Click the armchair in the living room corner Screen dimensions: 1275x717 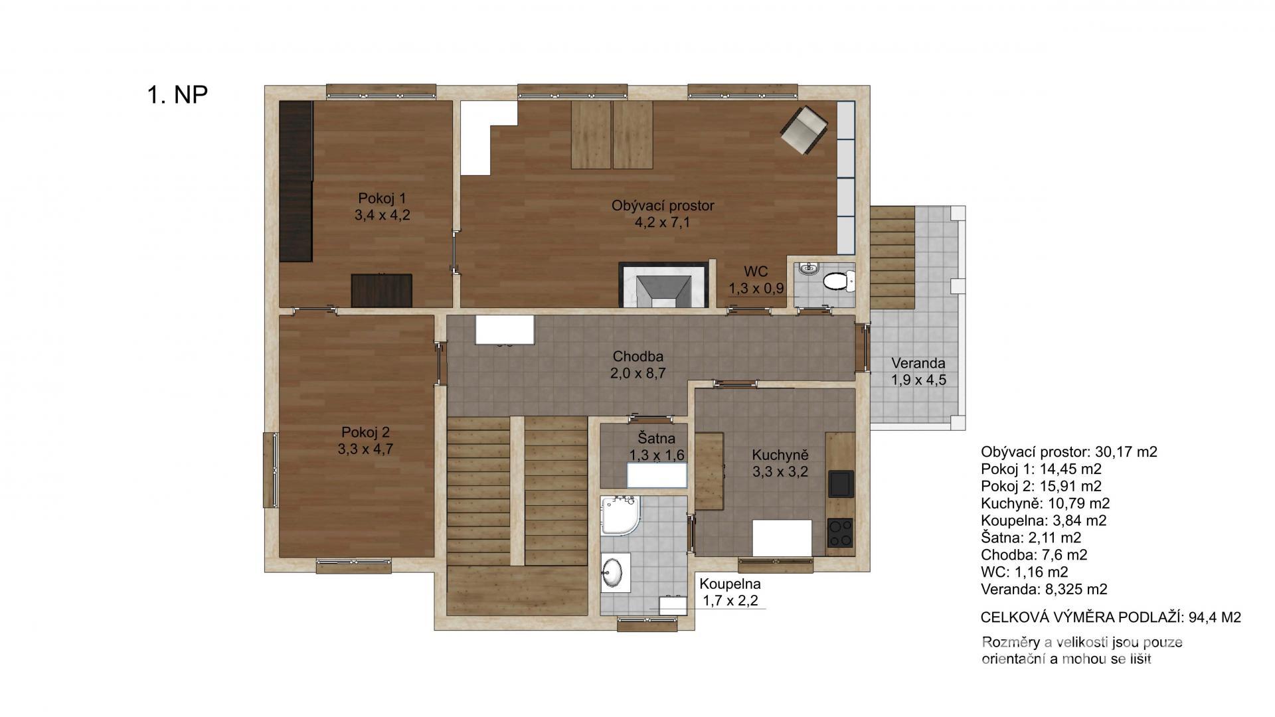point(804,130)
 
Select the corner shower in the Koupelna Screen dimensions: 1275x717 point(620,515)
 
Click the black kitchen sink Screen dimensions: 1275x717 point(840,484)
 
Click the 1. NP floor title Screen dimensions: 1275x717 point(177,95)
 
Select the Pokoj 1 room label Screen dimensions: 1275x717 point(382,198)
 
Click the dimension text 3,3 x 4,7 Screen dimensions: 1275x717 point(365,449)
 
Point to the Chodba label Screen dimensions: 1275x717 point(638,357)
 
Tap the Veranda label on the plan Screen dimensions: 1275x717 point(918,363)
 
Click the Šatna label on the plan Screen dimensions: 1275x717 point(657,438)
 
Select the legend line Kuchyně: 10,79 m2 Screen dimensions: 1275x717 point(1045,503)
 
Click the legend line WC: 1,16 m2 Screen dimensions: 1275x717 point(1025,572)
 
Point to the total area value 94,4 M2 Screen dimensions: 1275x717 point(1215,617)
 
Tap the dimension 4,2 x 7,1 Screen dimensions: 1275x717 point(663,222)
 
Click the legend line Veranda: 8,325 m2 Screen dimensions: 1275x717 point(1044,589)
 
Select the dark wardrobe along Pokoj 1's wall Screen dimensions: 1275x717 point(296,181)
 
